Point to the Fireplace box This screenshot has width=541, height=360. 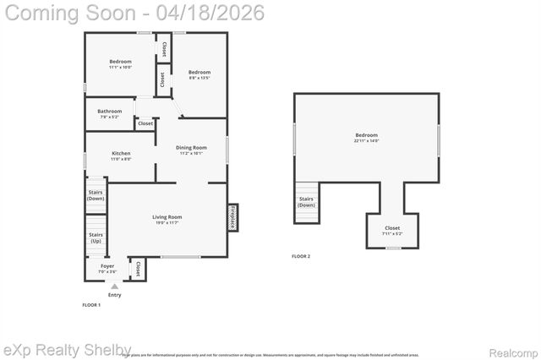coord(232,217)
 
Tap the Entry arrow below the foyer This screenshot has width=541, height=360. coord(114,287)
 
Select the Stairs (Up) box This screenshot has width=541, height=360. coord(96,237)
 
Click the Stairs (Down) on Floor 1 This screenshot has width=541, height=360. coord(96,194)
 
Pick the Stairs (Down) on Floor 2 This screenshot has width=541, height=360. coord(306,202)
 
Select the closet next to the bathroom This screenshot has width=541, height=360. coord(145,123)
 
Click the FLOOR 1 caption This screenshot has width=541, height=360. coord(91,304)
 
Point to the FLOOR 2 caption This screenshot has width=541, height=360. coord(301,256)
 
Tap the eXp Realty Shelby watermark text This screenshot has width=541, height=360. coord(68,349)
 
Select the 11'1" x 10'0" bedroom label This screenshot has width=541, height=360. coord(120,64)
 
